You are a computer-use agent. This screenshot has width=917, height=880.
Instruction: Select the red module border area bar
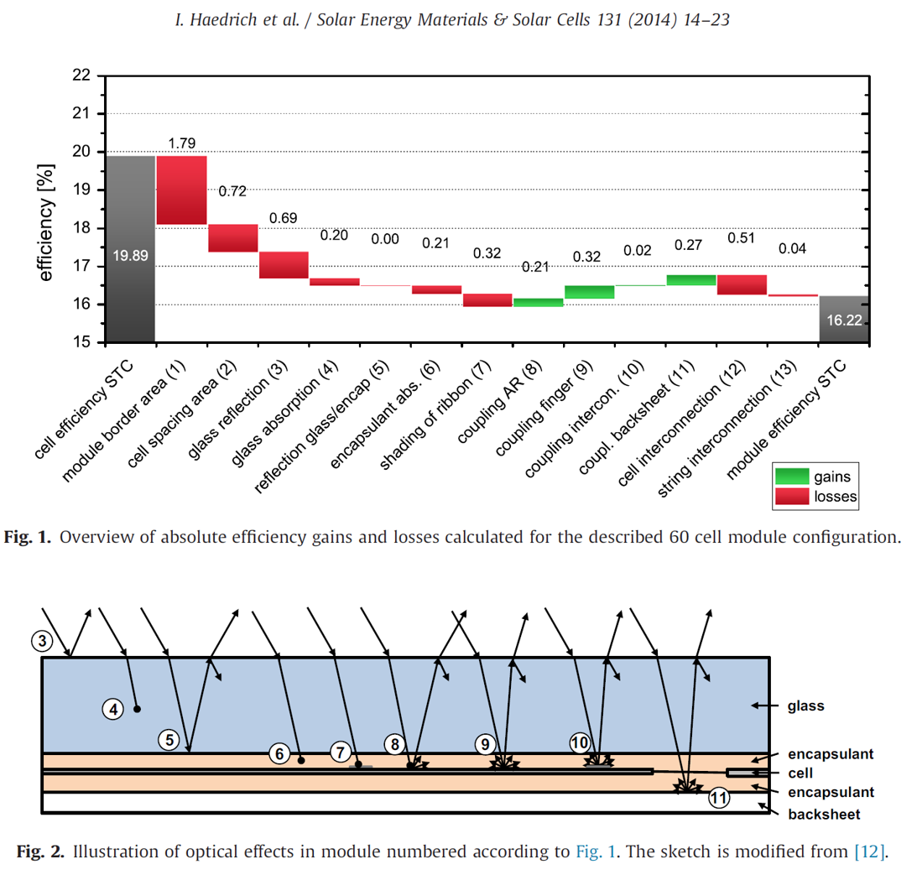coord(182,190)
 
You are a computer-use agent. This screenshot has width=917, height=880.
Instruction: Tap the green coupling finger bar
coord(589,292)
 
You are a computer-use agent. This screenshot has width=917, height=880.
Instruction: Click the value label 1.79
coord(182,143)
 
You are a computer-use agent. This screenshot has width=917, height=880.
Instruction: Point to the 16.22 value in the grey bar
coord(843,320)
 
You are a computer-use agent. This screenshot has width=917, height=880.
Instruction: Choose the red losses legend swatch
coord(791,497)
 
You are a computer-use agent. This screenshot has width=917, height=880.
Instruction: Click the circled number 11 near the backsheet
coord(718,798)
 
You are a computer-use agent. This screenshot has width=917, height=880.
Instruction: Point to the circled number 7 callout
coord(340,752)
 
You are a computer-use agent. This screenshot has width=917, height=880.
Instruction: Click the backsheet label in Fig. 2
coord(824,814)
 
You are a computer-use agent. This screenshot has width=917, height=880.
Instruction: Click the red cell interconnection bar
coord(742,284)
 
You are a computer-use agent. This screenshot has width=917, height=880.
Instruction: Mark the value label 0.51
coord(742,237)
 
